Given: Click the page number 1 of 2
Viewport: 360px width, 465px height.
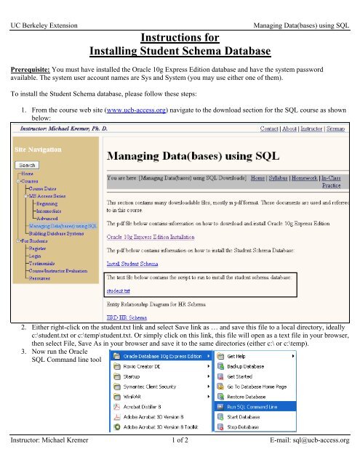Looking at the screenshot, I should coord(180,459).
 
